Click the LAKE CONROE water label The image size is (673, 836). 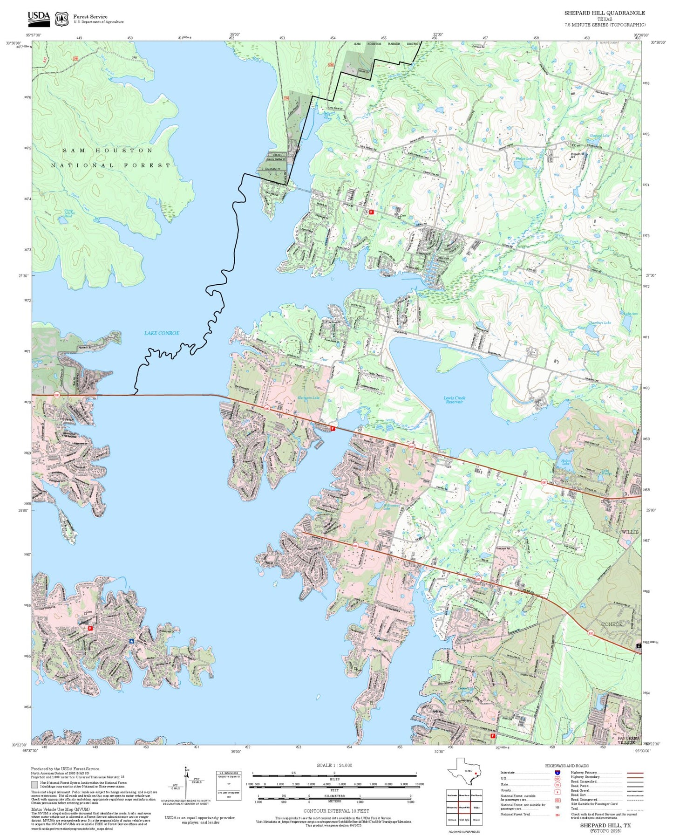162,333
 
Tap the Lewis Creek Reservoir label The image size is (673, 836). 454,400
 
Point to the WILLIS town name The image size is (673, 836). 630,532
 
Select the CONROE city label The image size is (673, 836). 612,624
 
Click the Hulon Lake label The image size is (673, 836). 565,462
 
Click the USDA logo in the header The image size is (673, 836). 39,19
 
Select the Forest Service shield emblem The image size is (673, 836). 61,19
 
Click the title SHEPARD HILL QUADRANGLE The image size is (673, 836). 605,13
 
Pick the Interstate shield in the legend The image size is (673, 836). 557,773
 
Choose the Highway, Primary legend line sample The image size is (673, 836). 635,773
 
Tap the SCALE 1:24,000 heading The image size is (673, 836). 334,765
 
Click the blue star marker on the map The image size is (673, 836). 132,641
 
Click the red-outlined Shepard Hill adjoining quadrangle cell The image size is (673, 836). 464,807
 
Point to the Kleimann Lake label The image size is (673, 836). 309,398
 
